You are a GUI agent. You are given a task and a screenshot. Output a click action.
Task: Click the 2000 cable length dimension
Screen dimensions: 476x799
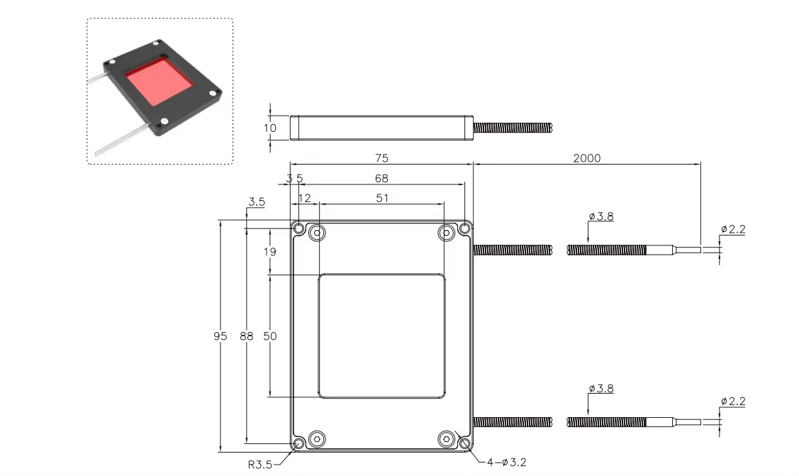[x=586, y=157]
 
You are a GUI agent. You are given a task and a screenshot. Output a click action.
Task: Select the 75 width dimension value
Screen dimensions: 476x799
[x=381, y=157]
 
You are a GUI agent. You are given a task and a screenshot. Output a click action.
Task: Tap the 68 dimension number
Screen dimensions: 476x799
[x=381, y=179]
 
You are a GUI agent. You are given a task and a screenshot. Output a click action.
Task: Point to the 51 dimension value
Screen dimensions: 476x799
[x=382, y=199]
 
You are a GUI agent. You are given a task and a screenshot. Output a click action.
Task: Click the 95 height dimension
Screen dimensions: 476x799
[x=221, y=336]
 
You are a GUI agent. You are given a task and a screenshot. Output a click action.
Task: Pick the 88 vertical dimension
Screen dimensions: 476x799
[x=246, y=336]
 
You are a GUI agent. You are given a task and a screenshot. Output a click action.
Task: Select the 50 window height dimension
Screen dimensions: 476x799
[x=270, y=336]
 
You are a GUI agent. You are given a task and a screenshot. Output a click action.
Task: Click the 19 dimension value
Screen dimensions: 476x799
[x=270, y=251]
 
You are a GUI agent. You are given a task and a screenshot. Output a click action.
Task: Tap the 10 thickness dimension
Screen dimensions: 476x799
[x=270, y=128]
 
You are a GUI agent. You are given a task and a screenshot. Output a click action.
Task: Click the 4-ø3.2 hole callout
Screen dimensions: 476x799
[x=506, y=463]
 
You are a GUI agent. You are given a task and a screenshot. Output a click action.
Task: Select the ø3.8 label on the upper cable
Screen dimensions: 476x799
[x=601, y=216]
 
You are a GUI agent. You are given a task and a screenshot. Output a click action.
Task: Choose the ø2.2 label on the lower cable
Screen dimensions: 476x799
[x=733, y=402]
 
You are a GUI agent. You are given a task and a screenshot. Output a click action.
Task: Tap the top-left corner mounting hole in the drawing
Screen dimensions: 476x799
[x=299, y=229]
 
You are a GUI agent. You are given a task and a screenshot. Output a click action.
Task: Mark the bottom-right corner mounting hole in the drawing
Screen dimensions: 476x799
[x=465, y=443]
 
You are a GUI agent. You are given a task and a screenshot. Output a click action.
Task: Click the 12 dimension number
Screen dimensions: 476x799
[x=304, y=199]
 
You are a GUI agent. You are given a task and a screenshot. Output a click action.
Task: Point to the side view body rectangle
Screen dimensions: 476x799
[x=381, y=128]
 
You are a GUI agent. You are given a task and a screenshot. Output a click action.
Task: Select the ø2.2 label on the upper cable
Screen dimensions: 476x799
[x=733, y=229]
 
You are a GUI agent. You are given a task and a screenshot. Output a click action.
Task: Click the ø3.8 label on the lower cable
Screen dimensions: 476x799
[x=601, y=389]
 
